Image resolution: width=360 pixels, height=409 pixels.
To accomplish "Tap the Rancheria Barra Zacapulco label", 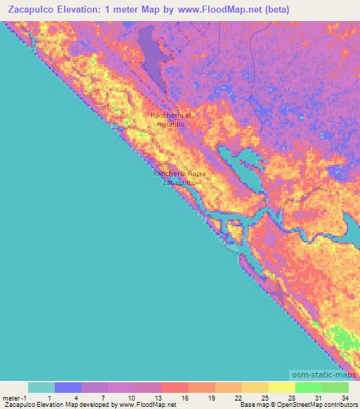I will point(179,177).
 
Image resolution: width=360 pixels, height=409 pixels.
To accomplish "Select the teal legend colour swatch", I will point(41,387).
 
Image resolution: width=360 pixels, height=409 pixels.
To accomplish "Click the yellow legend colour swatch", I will point(281,387).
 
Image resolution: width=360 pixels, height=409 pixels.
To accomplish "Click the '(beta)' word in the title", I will point(272,10).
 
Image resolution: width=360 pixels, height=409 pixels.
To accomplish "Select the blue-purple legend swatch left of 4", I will point(67,387).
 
